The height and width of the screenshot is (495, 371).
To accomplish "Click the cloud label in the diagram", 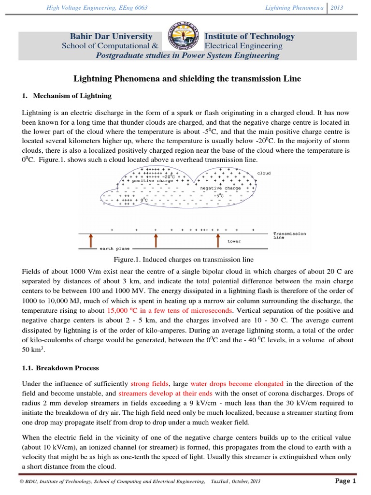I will [264, 173].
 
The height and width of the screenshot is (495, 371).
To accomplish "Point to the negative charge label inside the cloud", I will [221, 188].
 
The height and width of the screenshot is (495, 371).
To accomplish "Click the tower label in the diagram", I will [234, 241].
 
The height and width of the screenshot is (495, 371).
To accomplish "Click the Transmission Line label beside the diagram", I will [289, 235].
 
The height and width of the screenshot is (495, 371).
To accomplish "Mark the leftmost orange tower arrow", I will [90, 240].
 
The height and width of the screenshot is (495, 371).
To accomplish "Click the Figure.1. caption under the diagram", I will [183, 260].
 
